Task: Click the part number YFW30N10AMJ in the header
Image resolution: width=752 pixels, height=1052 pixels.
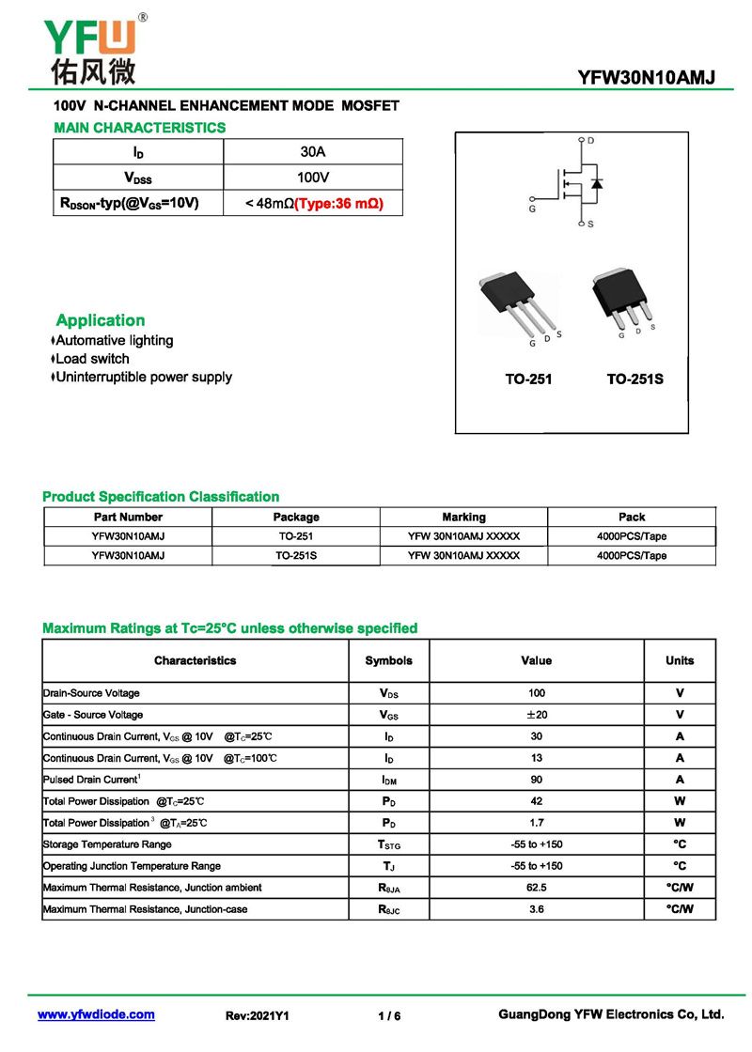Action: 647,78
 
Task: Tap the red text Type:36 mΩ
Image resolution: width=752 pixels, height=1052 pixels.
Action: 338,203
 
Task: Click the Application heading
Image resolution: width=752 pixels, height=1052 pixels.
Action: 100,320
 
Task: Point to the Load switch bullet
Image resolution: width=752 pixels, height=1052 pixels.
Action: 92,359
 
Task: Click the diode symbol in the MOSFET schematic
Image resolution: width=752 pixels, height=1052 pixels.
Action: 596,182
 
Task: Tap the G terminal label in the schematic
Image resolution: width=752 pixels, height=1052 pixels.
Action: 532,209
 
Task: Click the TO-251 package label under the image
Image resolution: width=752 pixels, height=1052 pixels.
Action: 528,379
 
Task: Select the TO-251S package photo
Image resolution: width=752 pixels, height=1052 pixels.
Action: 621,298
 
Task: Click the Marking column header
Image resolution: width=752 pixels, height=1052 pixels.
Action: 463,517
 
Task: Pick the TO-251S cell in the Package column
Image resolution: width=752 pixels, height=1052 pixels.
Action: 296,555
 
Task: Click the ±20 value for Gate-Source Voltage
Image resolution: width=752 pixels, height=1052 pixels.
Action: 536,715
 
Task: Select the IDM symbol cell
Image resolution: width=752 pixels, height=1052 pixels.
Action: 388,780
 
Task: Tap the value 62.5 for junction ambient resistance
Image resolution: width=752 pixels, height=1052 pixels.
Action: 536,887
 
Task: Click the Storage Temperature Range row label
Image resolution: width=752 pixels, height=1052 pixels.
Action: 107,844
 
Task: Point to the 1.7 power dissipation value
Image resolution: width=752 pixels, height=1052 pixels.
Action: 536,823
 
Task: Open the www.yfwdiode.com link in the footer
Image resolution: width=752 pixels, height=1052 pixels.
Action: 96,1014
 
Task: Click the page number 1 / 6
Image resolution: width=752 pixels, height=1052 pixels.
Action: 389,1015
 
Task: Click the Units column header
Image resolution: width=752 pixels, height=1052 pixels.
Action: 680,660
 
